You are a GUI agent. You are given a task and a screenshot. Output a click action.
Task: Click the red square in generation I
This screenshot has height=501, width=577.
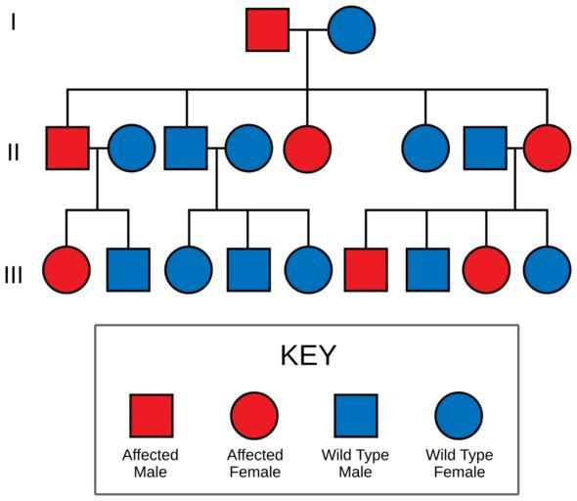(268, 29)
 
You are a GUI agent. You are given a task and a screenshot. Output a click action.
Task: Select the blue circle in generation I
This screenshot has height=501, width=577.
(351, 29)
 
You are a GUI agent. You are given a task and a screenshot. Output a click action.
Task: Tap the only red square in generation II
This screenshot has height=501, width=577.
(67, 148)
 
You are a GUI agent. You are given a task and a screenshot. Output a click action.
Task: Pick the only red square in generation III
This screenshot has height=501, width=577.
(366, 270)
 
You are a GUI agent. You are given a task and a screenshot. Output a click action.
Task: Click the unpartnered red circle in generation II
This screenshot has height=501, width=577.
(308, 149)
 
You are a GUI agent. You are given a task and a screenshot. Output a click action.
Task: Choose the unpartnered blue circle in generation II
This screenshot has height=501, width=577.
(425, 148)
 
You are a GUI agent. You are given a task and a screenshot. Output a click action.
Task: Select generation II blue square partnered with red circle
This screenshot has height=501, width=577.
(485, 148)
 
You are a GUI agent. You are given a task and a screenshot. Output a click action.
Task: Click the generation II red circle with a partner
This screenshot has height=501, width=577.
(548, 148)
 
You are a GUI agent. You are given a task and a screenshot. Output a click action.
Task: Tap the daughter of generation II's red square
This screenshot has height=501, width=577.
(67, 270)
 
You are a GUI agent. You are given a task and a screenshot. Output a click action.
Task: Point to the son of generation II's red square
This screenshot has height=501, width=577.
(128, 270)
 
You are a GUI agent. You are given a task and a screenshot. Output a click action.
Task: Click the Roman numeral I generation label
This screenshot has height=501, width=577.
(14, 22)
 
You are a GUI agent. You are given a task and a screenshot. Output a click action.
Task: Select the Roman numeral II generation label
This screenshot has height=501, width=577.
(14, 152)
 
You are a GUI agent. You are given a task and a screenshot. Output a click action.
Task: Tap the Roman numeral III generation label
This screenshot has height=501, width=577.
(14, 275)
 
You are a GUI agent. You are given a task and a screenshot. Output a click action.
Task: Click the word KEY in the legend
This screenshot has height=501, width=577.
(308, 355)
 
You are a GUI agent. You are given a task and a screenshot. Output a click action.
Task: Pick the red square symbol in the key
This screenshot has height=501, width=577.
(152, 416)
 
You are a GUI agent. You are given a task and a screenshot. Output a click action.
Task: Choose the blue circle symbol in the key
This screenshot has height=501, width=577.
(459, 416)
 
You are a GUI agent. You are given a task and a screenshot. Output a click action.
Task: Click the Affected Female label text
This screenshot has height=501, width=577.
(255, 464)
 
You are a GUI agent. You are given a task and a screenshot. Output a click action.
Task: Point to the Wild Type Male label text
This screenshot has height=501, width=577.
(355, 464)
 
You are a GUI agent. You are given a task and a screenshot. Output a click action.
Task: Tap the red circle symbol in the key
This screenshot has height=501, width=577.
(254, 416)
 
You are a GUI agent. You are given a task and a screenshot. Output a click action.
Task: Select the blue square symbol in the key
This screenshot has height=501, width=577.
(356, 416)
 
